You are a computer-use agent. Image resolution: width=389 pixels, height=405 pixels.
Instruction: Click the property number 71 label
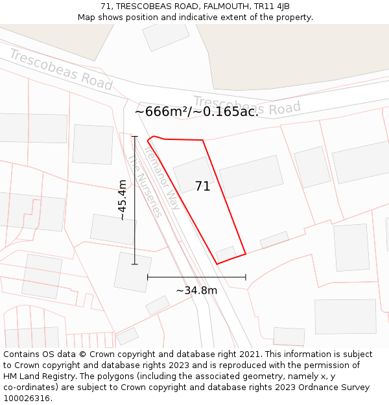pyautogui.click(x=202, y=187)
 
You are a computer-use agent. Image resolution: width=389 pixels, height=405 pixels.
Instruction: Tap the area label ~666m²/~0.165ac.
pyautogui.click(x=196, y=111)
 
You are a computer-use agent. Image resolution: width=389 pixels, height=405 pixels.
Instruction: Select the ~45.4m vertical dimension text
pyautogui.click(x=121, y=200)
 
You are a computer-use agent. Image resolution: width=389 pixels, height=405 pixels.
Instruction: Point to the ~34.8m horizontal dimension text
pyautogui.click(x=196, y=290)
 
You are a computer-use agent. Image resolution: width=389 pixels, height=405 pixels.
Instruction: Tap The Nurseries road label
pyautogui.click(x=144, y=185)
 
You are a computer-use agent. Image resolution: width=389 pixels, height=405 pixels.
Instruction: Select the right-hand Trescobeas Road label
pyautogui.click(x=247, y=106)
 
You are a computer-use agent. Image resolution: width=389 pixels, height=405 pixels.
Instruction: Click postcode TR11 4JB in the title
pyautogui.click(x=273, y=6)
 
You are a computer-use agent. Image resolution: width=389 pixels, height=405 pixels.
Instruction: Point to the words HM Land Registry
pyautogui.click(x=37, y=376)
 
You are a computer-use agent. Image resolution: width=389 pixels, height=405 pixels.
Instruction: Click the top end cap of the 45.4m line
pyautogui.click(x=135, y=137)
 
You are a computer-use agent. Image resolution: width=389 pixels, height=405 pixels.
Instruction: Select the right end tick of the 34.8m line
pyautogui.click(x=246, y=277)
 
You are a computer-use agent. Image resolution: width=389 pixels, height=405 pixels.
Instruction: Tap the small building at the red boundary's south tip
pyautogui.click(x=226, y=253)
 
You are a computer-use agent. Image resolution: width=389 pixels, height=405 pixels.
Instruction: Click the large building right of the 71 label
pyautogui.click(x=251, y=176)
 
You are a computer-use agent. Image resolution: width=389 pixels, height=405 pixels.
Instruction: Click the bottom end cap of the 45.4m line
pyautogui.click(x=135, y=264)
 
